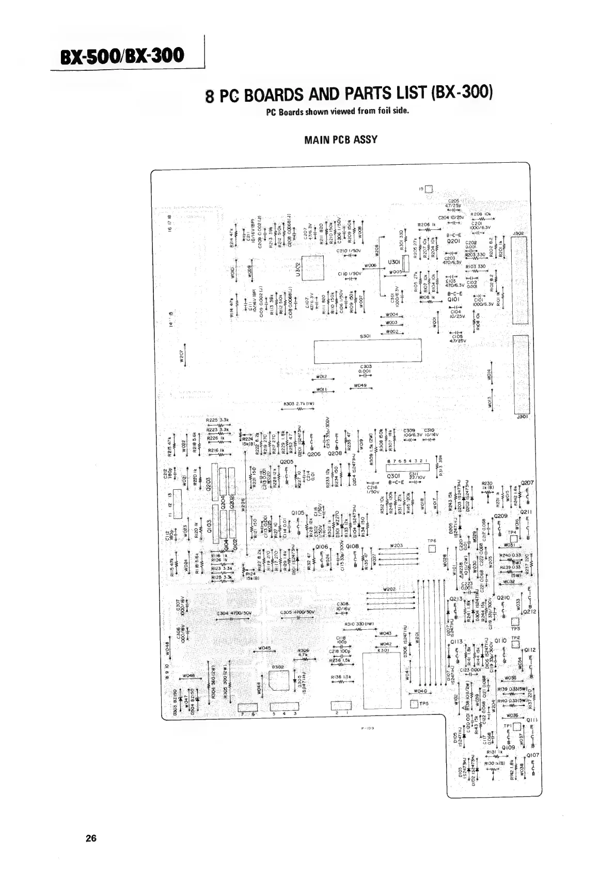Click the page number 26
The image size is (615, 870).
(91, 838)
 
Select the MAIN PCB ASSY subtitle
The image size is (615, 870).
(341, 139)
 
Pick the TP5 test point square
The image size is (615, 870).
(414, 705)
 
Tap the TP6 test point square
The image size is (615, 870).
(433, 549)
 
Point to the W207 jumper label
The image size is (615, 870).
(182, 356)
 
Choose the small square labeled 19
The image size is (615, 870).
(429, 189)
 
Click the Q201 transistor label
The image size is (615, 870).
(453, 241)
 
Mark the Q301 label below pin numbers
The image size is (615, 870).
(394, 476)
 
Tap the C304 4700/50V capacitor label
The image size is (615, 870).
(234, 613)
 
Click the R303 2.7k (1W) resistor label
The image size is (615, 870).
(299, 404)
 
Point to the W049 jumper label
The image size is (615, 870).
(360, 385)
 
